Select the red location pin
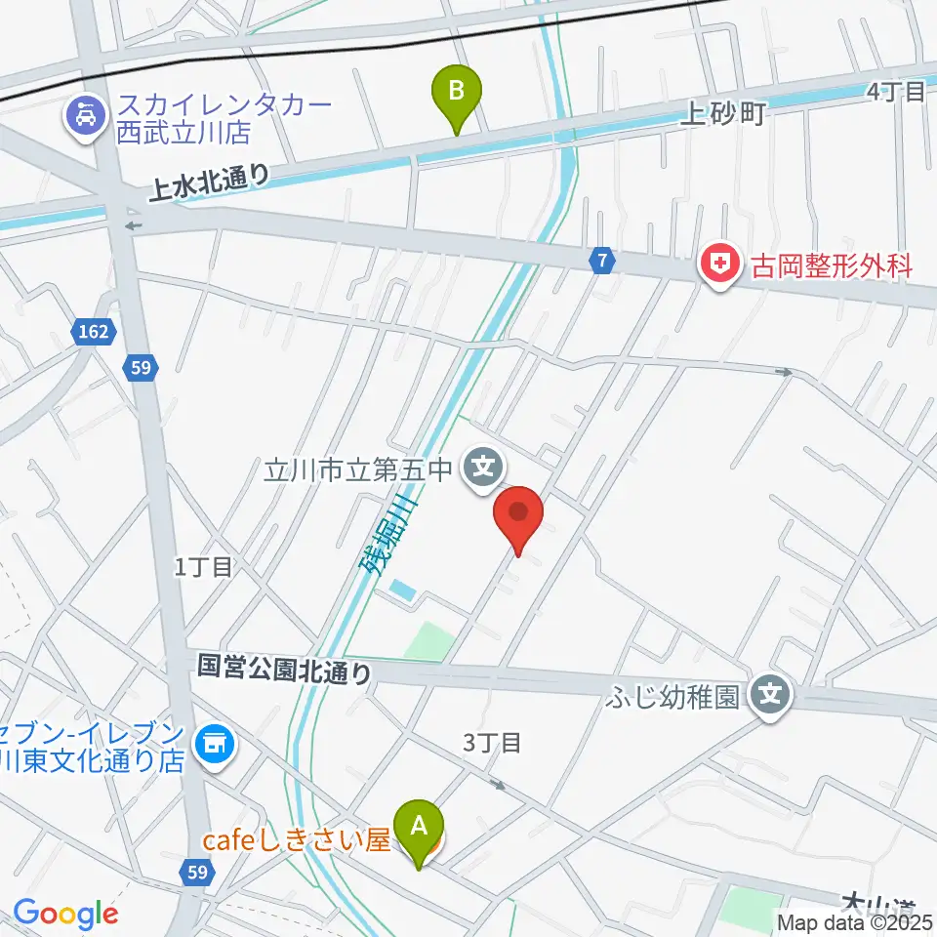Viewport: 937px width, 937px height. click(x=518, y=515)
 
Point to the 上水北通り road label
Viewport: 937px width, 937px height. click(x=209, y=182)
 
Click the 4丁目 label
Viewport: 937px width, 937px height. click(x=895, y=92)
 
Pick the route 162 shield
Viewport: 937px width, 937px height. click(x=95, y=333)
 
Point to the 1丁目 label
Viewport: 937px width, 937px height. click(x=204, y=566)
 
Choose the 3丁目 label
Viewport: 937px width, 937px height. click(x=492, y=743)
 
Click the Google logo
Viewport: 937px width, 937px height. click(x=65, y=914)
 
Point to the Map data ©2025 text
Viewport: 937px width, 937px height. click(x=855, y=921)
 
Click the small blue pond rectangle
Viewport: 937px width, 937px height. click(x=401, y=591)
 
